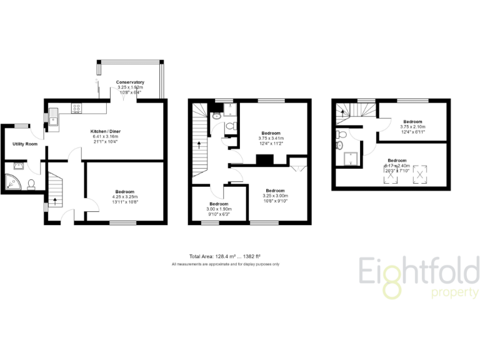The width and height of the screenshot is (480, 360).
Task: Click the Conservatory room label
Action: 130,82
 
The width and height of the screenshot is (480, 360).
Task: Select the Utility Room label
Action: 25,144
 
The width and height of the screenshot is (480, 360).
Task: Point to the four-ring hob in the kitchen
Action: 77,108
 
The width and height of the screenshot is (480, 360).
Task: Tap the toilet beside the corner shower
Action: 31,184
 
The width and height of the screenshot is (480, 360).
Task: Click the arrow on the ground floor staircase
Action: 56,201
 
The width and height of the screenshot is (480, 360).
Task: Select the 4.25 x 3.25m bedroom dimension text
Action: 126,197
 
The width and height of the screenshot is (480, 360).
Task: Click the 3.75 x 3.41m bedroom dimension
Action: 271,139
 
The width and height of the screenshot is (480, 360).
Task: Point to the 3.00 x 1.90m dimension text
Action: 219,209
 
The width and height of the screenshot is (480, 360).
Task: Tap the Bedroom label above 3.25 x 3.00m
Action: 276,190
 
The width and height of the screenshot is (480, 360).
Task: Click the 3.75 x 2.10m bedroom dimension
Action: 412,126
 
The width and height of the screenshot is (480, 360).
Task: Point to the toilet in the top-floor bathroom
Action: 339,146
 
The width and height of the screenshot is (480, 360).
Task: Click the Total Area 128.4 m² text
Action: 225,256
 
